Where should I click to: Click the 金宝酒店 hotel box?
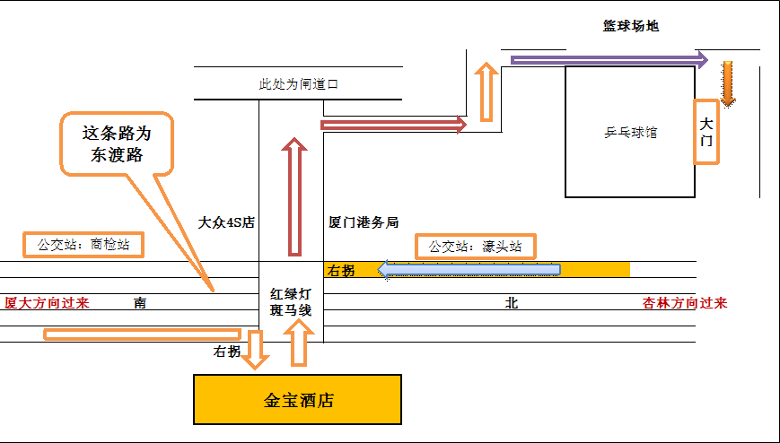(297, 400)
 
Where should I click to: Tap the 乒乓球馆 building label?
(630, 132)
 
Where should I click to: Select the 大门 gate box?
(706, 131)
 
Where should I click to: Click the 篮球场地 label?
(630, 26)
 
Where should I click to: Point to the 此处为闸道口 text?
(298, 84)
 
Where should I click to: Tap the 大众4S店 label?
(226, 221)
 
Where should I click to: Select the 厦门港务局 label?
(363, 221)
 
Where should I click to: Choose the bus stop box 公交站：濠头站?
(475, 246)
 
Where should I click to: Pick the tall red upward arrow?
(293, 196)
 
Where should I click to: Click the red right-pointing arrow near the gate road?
(394, 125)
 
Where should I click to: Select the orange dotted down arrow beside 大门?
(727, 83)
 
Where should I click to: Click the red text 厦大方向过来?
(47, 302)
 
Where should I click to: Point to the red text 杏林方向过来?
(685, 303)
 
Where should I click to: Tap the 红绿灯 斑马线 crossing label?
(291, 301)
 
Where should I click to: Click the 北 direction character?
(512, 303)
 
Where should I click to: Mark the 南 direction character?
(140, 303)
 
